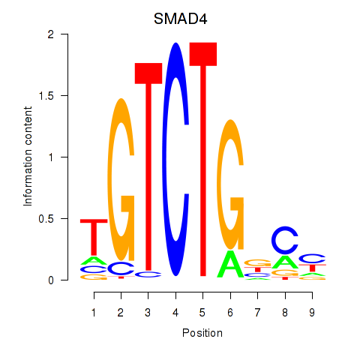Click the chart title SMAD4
(180, 19)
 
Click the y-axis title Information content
(28, 156)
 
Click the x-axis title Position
(202, 333)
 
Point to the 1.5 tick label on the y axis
(46, 96)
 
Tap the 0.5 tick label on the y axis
(46, 219)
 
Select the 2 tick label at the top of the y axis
(51, 34)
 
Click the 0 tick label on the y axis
(51, 280)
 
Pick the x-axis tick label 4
(175, 313)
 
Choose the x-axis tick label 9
(312, 313)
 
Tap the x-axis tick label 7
(257, 313)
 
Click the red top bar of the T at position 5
(203, 54)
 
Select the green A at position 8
(285, 262)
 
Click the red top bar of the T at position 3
(148, 73)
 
